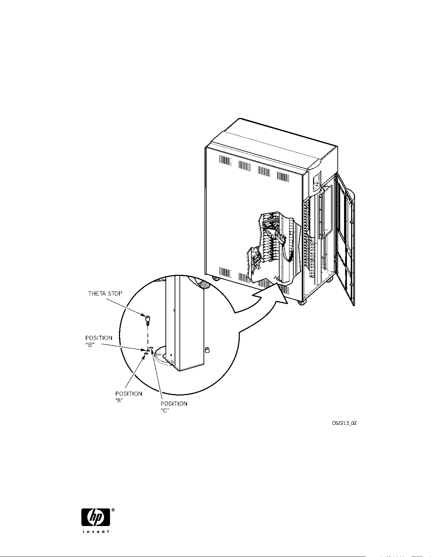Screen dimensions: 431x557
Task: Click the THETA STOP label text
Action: coord(105,293)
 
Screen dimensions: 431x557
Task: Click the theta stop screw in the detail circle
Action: coord(147,319)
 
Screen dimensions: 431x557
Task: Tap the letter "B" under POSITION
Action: coord(90,345)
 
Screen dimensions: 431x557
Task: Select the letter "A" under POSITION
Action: coord(120,401)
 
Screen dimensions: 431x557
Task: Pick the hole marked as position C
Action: coord(151,348)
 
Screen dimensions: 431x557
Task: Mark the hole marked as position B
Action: coord(148,350)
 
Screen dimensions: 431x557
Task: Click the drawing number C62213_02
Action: coord(344,423)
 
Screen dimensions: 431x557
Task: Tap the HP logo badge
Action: coord(96,517)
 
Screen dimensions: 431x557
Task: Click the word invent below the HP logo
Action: coord(96,531)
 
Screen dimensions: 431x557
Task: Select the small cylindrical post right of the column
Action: coord(207,350)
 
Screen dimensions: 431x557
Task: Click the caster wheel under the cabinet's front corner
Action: coord(300,302)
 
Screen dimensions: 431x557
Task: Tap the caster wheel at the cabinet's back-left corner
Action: coord(215,279)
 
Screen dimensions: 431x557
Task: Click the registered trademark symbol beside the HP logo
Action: coord(113,509)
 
